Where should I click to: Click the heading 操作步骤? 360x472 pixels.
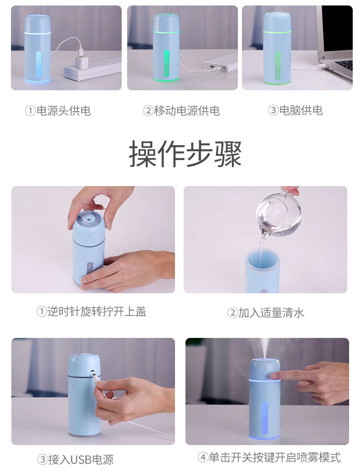tap(185, 154)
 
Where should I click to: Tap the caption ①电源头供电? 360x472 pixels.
tap(57, 110)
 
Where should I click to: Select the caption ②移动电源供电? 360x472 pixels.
tap(181, 110)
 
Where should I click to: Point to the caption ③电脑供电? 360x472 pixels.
tap(295, 110)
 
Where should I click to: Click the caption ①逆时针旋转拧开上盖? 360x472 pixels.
tap(91, 311)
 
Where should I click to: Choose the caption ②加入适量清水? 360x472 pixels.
tap(265, 313)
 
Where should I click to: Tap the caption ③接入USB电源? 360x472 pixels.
tap(75, 459)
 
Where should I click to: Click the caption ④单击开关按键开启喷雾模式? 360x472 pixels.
tap(269, 457)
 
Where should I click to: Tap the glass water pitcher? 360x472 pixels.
tap(278, 213)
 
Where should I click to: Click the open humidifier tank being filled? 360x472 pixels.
tap(263, 271)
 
